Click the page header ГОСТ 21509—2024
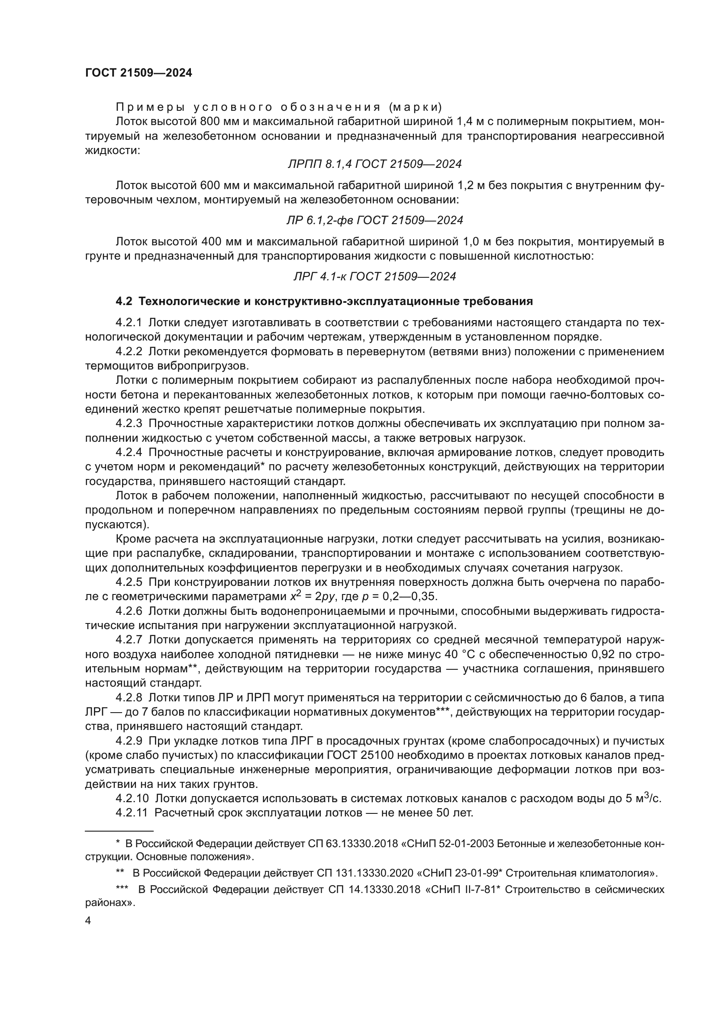click(x=139, y=73)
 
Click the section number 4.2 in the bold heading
click(x=123, y=302)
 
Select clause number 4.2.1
click(x=129, y=323)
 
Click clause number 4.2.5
click(x=129, y=582)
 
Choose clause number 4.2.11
click(x=132, y=813)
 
